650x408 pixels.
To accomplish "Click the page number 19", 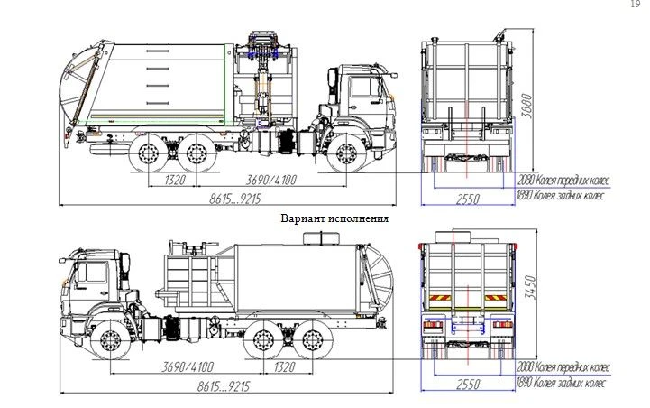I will click(636, 5).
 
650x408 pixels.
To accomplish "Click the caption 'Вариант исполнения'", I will click(334, 218).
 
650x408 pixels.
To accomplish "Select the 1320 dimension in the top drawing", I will click(177, 181).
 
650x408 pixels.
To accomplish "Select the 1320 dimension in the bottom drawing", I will click(285, 368).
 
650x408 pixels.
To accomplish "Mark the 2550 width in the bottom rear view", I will click(466, 385).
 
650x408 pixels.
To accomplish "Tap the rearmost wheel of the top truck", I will click(148, 153).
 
